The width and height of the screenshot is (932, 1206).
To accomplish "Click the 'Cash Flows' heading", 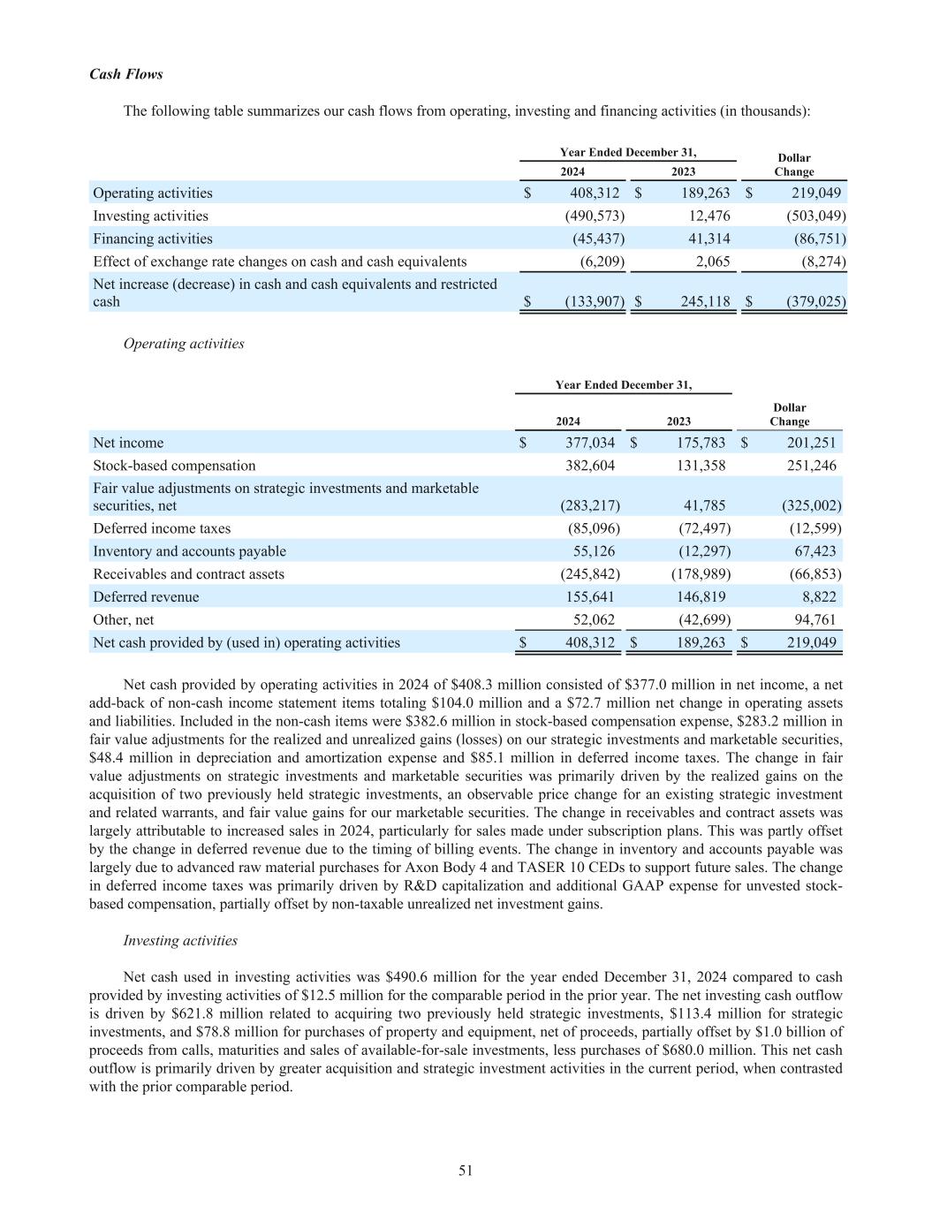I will click(x=125, y=74).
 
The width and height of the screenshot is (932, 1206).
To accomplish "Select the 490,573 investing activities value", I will click(x=595, y=216).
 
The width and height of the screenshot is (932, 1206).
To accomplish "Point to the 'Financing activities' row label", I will click(x=153, y=239).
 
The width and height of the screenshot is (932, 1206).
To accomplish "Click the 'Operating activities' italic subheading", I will click(x=184, y=344).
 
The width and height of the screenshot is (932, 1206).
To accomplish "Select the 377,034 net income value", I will click(x=590, y=443).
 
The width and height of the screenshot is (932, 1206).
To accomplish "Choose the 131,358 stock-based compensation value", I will click(x=701, y=466).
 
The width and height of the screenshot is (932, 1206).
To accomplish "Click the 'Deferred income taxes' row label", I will click(x=162, y=528).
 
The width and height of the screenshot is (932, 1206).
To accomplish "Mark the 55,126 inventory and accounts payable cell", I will click(x=594, y=551).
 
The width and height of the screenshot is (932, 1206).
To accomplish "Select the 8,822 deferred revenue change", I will click(x=818, y=597).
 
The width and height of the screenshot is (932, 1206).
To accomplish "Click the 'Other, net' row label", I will click(x=124, y=620).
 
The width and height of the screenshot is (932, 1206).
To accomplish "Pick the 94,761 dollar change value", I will click(x=811, y=620).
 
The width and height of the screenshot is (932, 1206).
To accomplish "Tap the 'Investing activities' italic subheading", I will click(x=180, y=941).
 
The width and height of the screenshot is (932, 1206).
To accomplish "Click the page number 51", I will click(x=466, y=1171).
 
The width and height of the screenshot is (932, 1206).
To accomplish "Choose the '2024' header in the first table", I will click(x=572, y=172).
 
